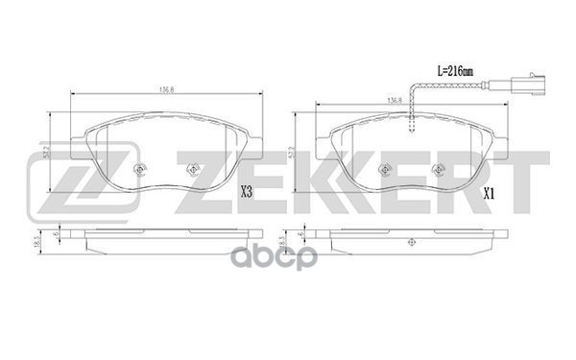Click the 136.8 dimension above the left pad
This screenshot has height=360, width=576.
pos(166,90)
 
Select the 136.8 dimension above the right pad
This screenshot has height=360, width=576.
pos(394,100)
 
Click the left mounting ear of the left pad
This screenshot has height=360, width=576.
pos(84,144)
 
